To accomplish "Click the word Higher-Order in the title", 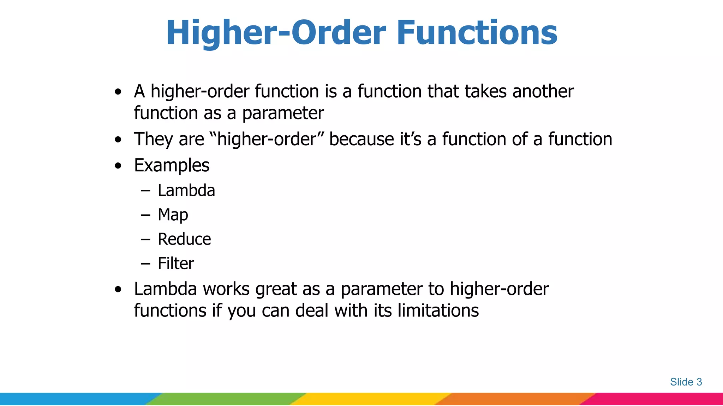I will (x=276, y=32).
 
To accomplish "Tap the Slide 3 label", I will (x=686, y=382).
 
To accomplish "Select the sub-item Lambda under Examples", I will (x=186, y=191).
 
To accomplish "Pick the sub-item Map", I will (x=173, y=215).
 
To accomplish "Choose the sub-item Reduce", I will (x=184, y=239).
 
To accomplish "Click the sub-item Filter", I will (x=175, y=264).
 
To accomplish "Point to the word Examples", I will (x=172, y=165).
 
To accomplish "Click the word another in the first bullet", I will (x=543, y=91).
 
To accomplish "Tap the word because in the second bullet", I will (x=361, y=139).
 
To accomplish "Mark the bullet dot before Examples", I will (x=118, y=166).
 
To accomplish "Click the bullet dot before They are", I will (x=118, y=140).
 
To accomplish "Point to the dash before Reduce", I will (x=145, y=240).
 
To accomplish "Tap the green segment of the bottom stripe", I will (x=226, y=399).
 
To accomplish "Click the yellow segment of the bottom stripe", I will (x=371, y=399).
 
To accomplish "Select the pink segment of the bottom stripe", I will (x=657, y=399).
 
